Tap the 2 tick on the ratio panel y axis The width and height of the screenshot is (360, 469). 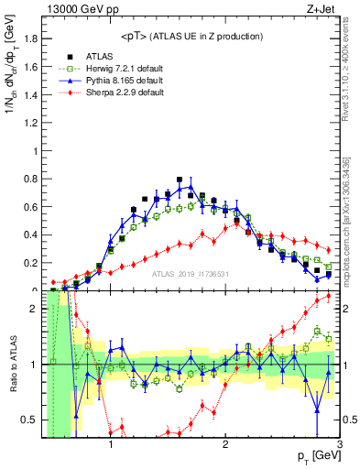pos(36,309)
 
